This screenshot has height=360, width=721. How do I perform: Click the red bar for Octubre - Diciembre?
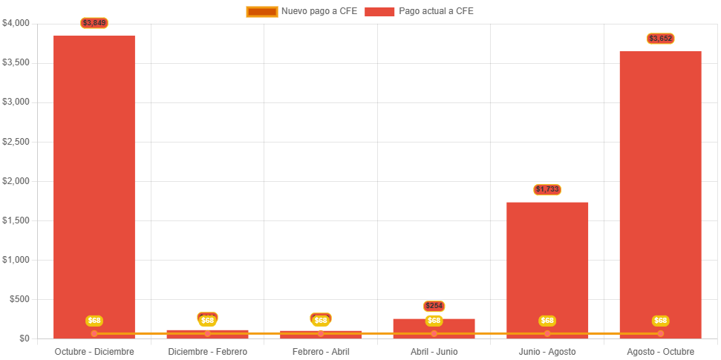tap(94, 186)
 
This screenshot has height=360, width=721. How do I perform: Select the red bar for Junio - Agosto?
tap(547, 267)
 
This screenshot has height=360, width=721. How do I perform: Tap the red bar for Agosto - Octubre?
tap(660, 193)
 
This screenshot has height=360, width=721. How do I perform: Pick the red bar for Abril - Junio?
tap(434, 327)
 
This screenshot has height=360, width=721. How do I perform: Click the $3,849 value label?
tap(94, 23)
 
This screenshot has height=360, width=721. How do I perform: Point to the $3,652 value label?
tap(660, 38)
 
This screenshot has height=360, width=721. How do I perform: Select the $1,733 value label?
tap(547, 189)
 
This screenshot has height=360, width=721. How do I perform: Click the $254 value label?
tap(434, 306)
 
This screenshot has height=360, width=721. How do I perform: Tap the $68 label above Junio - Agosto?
tap(547, 321)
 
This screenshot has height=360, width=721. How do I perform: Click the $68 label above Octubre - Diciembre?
tap(94, 321)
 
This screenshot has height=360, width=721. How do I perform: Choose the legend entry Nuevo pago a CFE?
tap(301, 11)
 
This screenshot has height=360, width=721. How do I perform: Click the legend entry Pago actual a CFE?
tap(420, 11)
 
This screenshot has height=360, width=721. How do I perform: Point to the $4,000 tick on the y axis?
tap(16, 23)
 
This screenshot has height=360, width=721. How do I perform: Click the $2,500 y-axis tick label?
tap(16, 142)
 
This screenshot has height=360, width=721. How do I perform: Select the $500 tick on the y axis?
tap(19, 299)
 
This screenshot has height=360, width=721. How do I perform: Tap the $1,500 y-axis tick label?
tap(16, 220)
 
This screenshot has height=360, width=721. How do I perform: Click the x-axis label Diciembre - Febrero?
tap(207, 351)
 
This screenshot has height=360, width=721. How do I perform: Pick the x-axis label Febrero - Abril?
tap(321, 351)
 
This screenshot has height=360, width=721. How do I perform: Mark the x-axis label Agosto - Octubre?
tap(660, 351)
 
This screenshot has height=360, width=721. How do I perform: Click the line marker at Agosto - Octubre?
tap(660, 333)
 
